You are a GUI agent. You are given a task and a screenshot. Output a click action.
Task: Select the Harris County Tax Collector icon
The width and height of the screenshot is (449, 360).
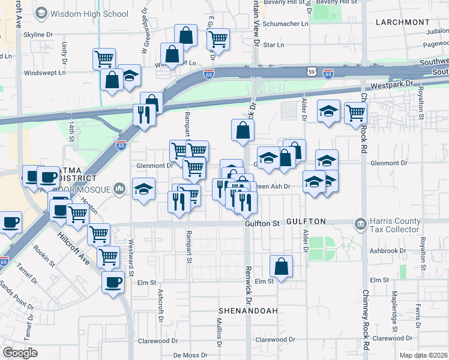point(360,225)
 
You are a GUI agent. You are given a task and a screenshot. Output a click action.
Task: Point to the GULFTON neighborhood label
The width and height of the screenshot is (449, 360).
point(306,222)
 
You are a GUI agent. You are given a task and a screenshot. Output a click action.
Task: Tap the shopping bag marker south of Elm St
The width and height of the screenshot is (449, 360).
point(281,266)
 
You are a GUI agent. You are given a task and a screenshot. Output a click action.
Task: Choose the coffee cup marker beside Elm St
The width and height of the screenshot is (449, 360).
point(112,282)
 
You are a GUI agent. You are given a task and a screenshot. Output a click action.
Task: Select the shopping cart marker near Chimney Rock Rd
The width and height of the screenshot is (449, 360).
point(356,112)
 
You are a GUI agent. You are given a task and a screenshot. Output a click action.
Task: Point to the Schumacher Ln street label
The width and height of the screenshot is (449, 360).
point(288,24)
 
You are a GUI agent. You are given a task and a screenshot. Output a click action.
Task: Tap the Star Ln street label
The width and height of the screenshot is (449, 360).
point(273,45)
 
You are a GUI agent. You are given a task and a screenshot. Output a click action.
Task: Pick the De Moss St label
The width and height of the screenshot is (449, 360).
point(185,355)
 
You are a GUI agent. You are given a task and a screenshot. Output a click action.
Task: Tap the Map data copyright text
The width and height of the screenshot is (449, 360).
point(423,355)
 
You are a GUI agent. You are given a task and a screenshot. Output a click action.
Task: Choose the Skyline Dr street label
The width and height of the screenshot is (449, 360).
point(39,35)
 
